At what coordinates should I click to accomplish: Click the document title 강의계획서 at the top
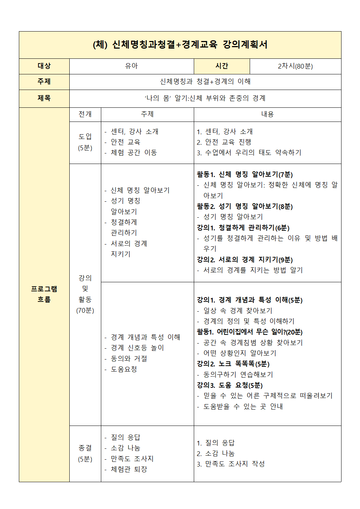(180, 45)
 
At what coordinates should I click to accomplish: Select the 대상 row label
(44, 66)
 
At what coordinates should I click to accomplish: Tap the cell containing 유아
(131, 66)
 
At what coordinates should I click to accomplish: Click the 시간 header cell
(222, 66)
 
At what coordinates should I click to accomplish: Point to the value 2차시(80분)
(295, 66)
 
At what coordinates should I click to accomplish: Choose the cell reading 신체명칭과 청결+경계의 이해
(205, 82)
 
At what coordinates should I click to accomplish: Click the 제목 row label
(44, 98)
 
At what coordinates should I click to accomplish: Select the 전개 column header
(85, 114)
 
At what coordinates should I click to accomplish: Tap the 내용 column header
(267, 114)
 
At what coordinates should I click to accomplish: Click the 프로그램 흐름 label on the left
(44, 294)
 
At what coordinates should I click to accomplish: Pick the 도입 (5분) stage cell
(85, 142)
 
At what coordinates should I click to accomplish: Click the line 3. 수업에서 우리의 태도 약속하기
(249, 153)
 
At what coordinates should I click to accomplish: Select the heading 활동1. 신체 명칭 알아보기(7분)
(245, 175)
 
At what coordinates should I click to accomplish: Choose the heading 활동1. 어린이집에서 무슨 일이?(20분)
(249, 332)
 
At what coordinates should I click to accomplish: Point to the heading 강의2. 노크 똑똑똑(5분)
(233, 364)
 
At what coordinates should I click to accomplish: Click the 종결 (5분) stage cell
(85, 453)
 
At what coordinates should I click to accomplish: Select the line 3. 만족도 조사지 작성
(231, 464)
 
